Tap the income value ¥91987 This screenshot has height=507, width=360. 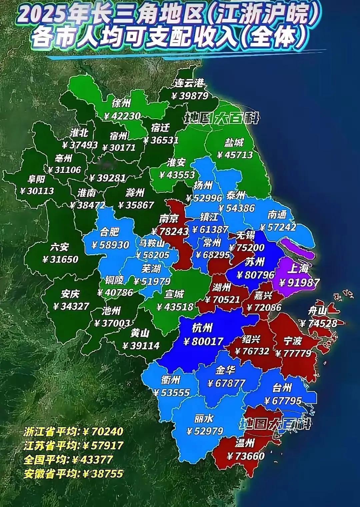pyautogui.click(x=299, y=282)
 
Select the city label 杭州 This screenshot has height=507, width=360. pyautogui.click(x=202, y=328)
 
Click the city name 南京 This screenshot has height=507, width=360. pyautogui.click(x=169, y=219)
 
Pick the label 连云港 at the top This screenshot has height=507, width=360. pyautogui.click(x=189, y=83)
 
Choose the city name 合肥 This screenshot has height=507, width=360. pyautogui.click(x=110, y=232)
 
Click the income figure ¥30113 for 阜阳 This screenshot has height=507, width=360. pyautogui.click(x=37, y=191)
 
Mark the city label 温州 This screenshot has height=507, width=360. pyautogui.click(x=245, y=443)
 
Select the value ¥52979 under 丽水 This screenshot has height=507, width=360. pyautogui.click(x=204, y=431)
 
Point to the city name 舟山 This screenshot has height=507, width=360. pyautogui.click(x=317, y=311)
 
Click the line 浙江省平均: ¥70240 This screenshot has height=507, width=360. pyautogui.click(x=73, y=432)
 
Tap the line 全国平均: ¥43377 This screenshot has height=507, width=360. pyautogui.click(x=68, y=460)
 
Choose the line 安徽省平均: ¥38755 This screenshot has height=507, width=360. pyautogui.click(x=73, y=474)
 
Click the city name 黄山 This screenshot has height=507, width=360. pyautogui.click(x=140, y=333)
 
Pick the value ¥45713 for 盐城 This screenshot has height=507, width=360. pyautogui.click(x=235, y=155)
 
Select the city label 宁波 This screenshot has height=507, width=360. pyautogui.click(x=292, y=341)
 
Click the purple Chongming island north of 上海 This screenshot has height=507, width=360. pyautogui.click(x=297, y=248)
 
